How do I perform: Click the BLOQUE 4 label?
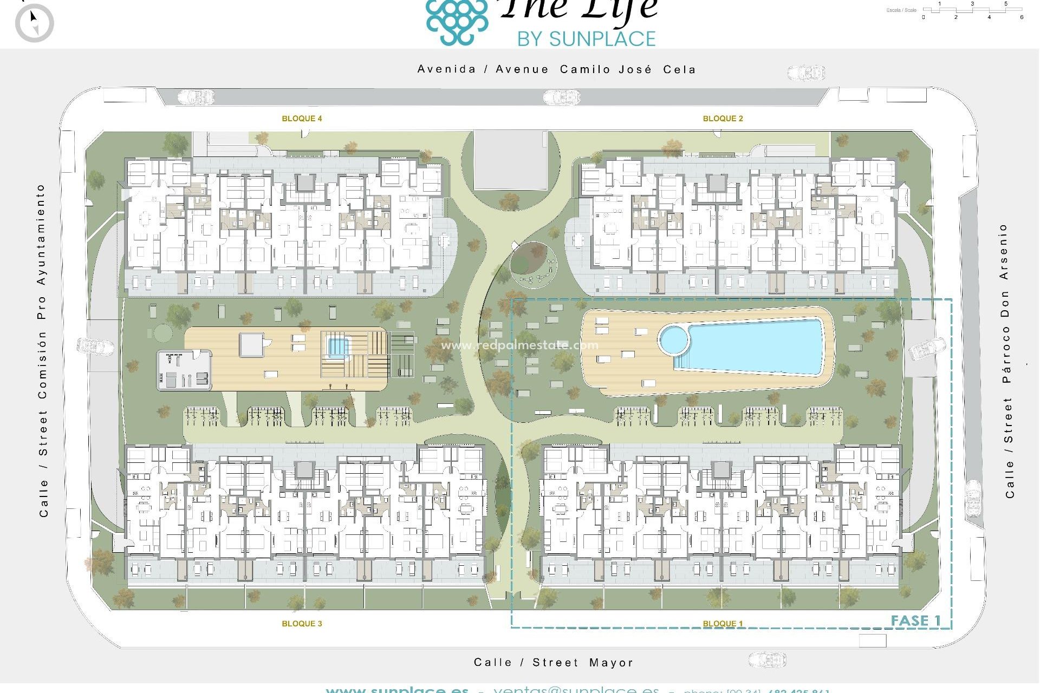point(302,119)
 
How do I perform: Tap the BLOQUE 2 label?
point(723,119)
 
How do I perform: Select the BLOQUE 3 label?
point(302,624)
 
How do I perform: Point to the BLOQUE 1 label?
point(723,624)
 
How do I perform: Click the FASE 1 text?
point(915,620)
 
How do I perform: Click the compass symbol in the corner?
point(34,23)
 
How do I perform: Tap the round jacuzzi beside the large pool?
point(674,340)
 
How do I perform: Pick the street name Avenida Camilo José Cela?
point(556,69)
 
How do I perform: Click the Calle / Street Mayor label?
point(553,662)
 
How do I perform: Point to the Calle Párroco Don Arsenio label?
point(1006,361)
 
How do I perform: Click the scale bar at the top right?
point(972,10)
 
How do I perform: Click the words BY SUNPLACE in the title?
point(586,39)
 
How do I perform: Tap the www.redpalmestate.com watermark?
point(520,345)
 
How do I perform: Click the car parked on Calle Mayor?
point(767,660)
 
